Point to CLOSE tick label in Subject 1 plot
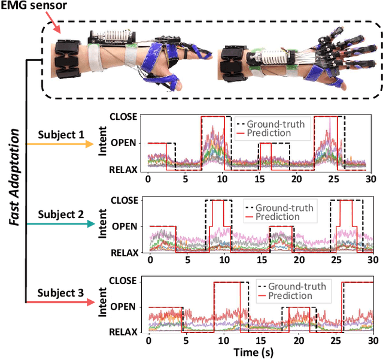pos(124,117)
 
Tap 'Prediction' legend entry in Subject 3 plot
pos(289,295)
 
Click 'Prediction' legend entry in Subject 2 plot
pos(276,216)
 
